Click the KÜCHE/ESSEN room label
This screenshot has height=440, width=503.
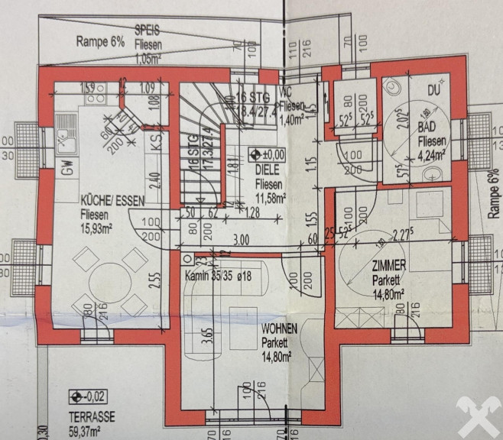tap(115, 203)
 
